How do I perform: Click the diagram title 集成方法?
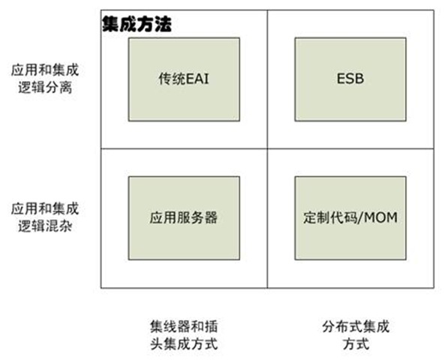(x=137, y=24)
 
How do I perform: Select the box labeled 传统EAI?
(x=184, y=79)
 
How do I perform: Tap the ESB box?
(x=350, y=79)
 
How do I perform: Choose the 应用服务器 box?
(x=184, y=218)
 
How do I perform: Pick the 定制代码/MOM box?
(x=350, y=218)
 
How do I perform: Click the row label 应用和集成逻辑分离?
(x=45, y=79)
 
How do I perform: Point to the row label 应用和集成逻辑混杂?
(x=45, y=217)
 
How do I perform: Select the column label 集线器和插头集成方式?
(x=184, y=335)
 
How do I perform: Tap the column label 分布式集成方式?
(x=356, y=335)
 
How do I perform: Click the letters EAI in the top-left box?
(x=197, y=79)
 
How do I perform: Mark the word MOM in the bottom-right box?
(x=380, y=217)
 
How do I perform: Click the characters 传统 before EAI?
(x=173, y=79)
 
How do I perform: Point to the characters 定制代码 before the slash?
(x=330, y=217)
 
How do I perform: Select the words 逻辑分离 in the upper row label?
(x=45, y=87)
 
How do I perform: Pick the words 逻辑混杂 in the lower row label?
(x=45, y=226)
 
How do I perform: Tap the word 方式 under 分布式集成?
(x=356, y=344)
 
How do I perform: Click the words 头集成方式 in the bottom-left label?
(x=184, y=344)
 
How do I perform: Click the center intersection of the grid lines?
(x=267, y=148)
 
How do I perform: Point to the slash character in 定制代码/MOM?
(x=360, y=217)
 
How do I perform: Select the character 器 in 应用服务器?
(x=211, y=217)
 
